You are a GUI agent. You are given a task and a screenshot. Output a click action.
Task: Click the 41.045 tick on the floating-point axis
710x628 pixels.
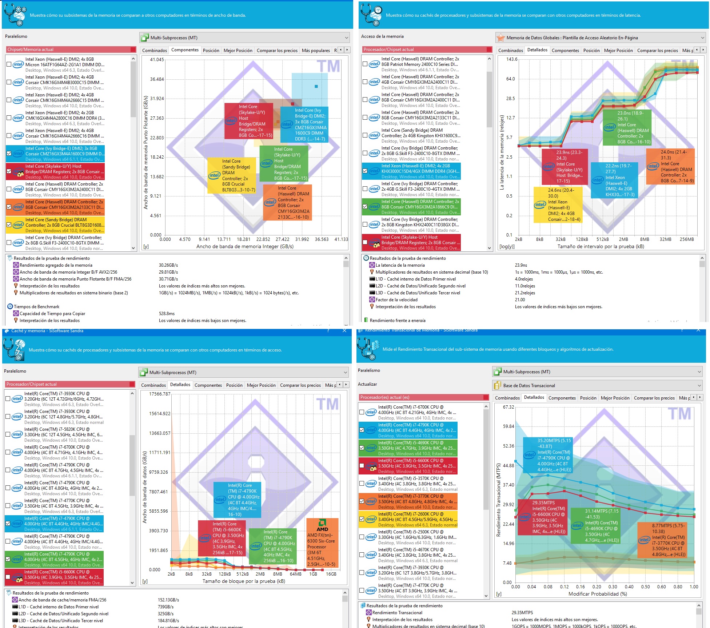pyautogui.click(x=157, y=60)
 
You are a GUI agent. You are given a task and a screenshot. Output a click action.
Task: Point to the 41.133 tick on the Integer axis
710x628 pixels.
pyautogui.click(x=341, y=239)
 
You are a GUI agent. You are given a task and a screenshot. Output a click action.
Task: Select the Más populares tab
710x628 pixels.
pyautogui.click(x=316, y=51)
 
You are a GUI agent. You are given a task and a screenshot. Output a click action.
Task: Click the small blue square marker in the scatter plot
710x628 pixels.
pyautogui.click(x=316, y=87)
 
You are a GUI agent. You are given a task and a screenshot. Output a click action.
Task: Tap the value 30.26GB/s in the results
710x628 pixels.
pyautogui.click(x=168, y=265)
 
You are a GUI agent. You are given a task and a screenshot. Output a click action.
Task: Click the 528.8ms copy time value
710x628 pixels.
pyautogui.click(x=167, y=314)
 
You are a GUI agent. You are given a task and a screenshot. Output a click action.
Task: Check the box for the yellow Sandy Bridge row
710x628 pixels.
pyautogui.click(x=9, y=225)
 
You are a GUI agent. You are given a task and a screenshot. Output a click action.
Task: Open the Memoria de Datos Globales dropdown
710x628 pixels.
pyautogui.click(x=600, y=38)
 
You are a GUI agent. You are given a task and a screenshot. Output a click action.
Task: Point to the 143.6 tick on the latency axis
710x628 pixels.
pyautogui.click(x=512, y=59)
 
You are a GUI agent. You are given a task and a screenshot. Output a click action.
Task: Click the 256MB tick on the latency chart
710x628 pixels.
pyautogui.click(x=687, y=239)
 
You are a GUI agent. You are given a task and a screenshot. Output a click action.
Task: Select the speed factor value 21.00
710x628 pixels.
pyautogui.click(x=520, y=300)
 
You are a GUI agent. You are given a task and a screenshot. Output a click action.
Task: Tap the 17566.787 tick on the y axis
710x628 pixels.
pyautogui.click(x=160, y=394)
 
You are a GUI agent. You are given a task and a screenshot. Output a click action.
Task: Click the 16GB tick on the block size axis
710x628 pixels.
pyautogui.click(x=331, y=574)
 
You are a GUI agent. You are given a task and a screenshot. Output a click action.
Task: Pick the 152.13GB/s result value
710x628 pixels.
pyautogui.click(x=168, y=600)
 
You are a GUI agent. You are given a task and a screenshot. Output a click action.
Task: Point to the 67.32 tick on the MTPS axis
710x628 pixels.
pyautogui.click(x=508, y=407)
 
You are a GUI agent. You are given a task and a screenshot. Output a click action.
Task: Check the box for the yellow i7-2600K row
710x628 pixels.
pyautogui.click(x=362, y=519)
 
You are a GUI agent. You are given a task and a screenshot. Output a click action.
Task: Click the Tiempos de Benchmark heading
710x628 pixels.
pyautogui.click(x=36, y=307)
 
